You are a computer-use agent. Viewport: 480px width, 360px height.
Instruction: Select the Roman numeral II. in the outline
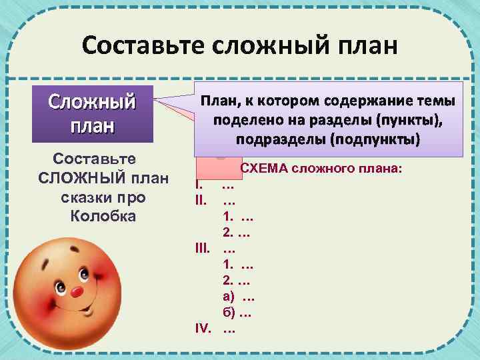click(x=201, y=199)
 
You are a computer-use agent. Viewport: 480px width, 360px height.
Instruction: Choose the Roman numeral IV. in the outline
click(x=203, y=329)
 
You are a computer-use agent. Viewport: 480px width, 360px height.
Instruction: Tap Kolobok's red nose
click(x=79, y=292)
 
